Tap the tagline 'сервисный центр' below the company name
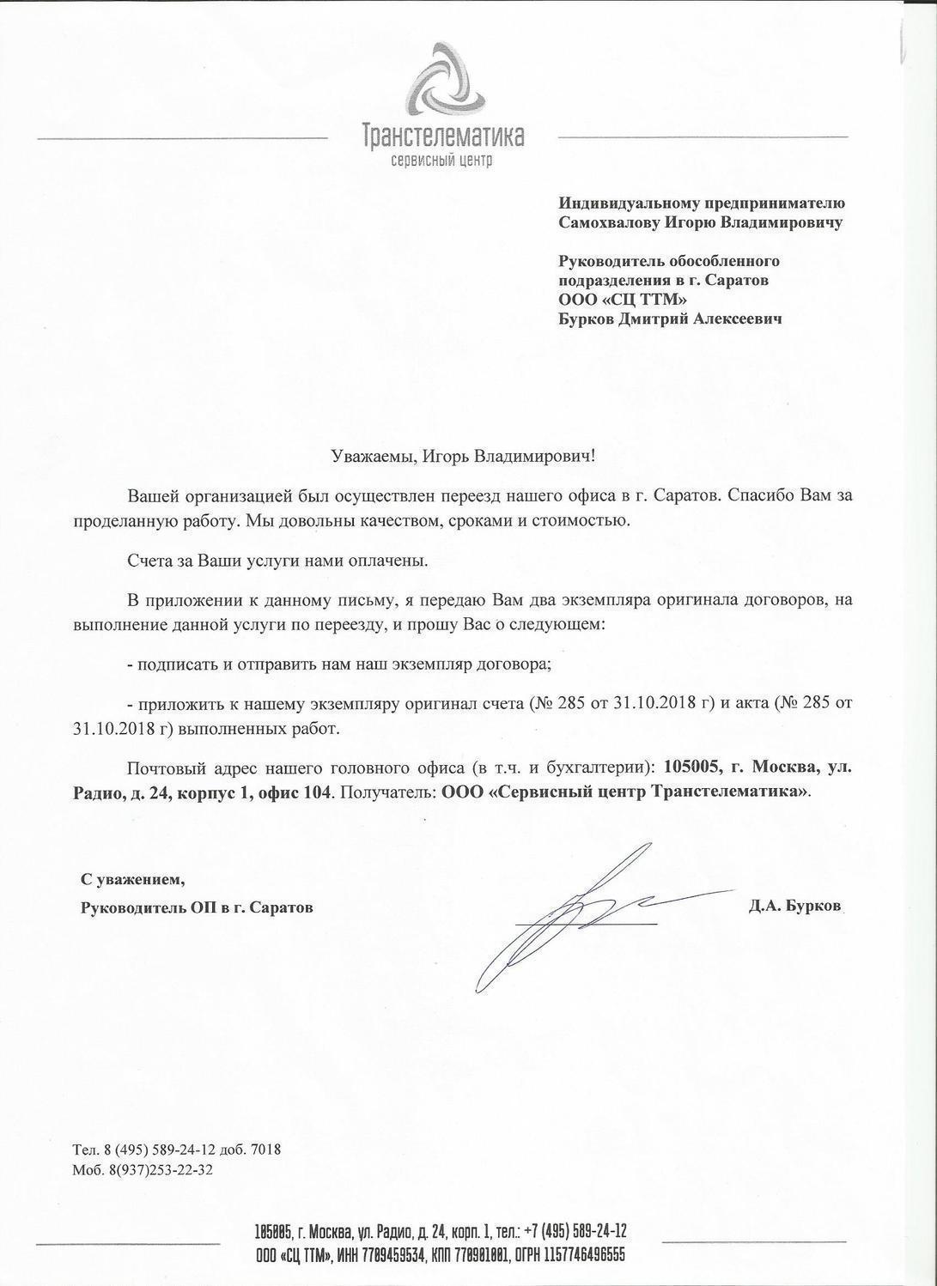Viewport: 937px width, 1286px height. (x=441, y=161)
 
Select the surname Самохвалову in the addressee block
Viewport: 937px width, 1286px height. (x=606, y=222)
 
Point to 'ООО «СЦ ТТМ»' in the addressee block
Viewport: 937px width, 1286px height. (x=624, y=299)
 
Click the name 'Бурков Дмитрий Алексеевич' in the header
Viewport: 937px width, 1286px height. (x=670, y=318)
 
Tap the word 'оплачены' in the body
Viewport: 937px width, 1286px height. (x=389, y=561)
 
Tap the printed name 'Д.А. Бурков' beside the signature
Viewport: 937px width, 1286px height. (x=795, y=906)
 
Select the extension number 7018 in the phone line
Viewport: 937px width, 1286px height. (x=265, y=1150)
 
